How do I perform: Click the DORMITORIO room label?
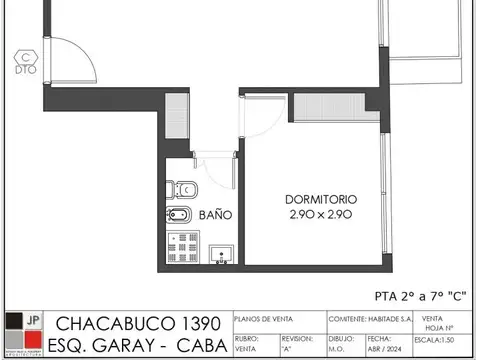(320, 199)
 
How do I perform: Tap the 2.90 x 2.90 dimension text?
(320, 215)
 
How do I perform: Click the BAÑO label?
(215, 214)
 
